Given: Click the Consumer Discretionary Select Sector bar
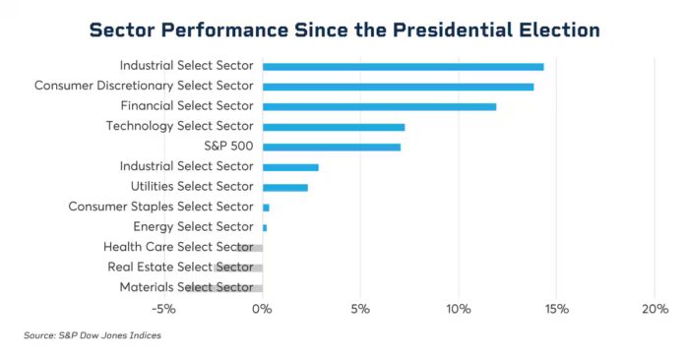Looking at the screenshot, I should tap(398, 87).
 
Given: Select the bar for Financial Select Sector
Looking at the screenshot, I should tap(379, 106).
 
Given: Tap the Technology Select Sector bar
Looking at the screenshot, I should tap(334, 127).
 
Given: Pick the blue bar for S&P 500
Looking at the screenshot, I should tap(332, 147).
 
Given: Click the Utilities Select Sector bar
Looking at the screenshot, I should tap(285, 187).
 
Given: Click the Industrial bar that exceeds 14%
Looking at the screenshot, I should tap(403, 66).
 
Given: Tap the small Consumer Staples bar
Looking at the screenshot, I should tap(266, 208).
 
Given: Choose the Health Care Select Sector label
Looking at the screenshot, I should tap(178, 247).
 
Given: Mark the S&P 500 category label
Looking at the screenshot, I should tap(227, 147).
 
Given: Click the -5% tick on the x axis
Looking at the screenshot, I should tap(163, 309).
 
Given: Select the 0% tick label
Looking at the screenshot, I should tap(263, 309).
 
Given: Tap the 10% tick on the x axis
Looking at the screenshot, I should tap(459, 309).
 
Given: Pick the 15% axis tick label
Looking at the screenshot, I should tap(556, 309).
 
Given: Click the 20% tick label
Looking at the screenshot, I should tap(655, 309).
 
